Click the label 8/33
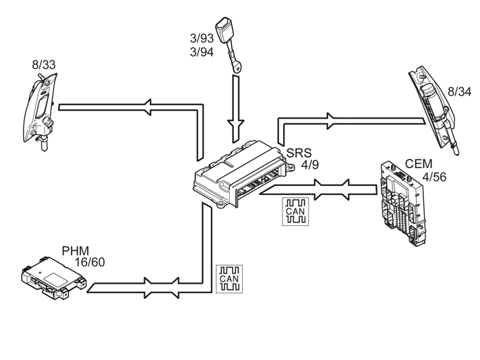[x=44, y=65]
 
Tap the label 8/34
[x=460, y=92]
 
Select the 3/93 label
[x=202, y=38]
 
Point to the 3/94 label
[x=202, y=53]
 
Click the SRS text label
[x=299, y=153]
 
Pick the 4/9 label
[x=310, y=165]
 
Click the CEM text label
[x=419, y=164]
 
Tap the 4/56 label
[x=434, y=177]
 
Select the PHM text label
[x=76, y=251]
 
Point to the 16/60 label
[x=90, y=262]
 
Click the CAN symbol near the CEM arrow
[x=295, y=212]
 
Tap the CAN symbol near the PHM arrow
[x=229, y=279]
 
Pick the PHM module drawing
[x=54, y=278]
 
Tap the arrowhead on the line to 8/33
[x=148, y=107]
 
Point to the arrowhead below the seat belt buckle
[x=236, y=126]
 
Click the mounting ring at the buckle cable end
[x=237, y=67]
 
